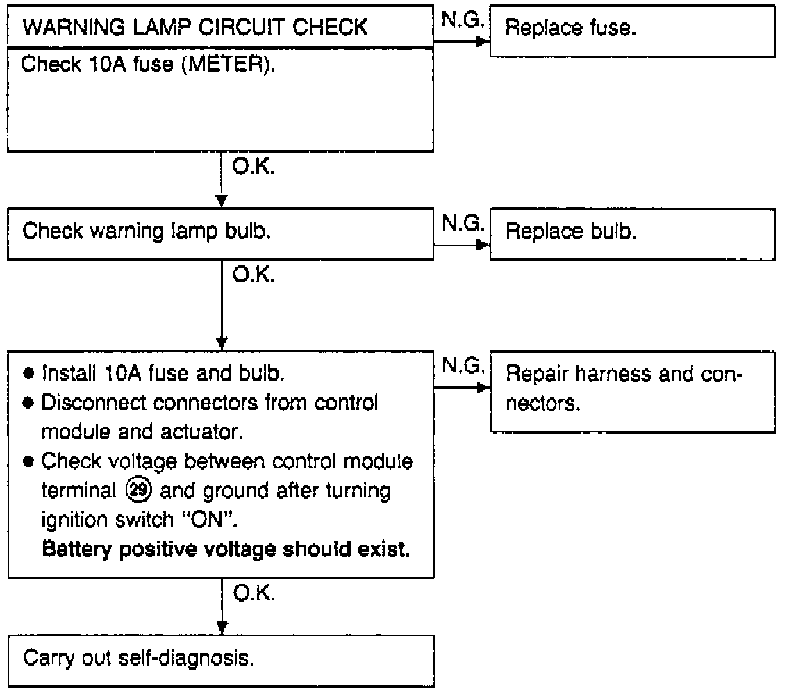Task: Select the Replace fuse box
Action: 632,31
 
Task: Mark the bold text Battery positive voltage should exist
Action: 226,550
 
